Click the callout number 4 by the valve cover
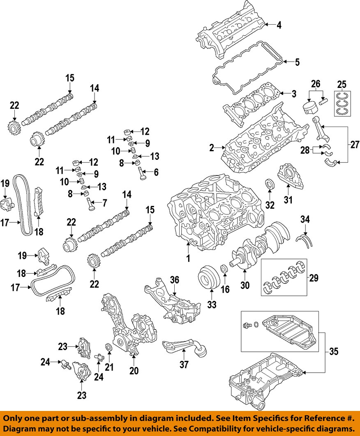pos(279,25)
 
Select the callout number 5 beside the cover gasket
pos(297,62)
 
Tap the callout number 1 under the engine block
pos(188,258)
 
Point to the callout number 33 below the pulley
pos(211,305)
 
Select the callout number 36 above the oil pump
pos(175,280)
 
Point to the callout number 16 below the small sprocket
pos(226,289)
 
